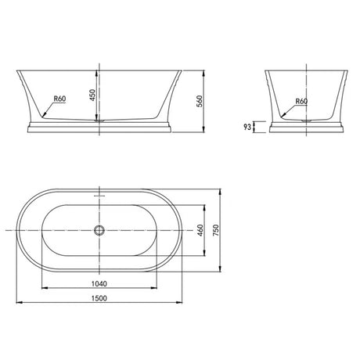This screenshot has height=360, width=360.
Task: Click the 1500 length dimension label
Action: point(99,298)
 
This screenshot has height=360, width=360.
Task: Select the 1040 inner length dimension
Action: point(99,283)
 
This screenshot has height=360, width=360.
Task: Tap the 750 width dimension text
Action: point(216,230)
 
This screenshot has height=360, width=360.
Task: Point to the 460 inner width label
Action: point(200,230)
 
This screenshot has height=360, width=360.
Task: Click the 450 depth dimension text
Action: point(92,95)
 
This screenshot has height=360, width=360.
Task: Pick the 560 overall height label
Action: point(199,102)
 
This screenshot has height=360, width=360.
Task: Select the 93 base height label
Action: point(247,127)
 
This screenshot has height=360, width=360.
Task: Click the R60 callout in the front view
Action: point(59,99)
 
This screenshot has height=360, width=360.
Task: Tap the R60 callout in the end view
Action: point(301,101)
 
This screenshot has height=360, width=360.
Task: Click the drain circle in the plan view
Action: point(99,230)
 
